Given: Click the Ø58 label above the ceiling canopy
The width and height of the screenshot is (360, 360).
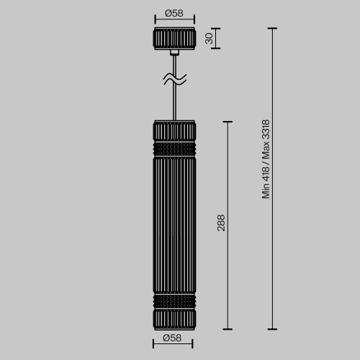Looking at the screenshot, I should click(174, 14).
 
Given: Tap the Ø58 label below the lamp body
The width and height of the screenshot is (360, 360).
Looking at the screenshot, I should click(174, 338).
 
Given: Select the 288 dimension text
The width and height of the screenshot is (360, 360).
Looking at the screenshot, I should click(221, 223).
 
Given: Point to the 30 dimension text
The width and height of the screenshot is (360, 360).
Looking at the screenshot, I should click(210, 38).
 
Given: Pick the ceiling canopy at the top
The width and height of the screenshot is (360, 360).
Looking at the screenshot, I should click(174, 39).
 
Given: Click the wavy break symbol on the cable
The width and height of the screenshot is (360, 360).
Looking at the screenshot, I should click(174, 79).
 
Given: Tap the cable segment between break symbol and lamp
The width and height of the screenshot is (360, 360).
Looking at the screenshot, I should click(174, 101).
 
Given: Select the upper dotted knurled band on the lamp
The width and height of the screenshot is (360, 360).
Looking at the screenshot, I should click(174, 148).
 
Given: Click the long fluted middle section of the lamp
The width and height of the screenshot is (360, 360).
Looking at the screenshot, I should click(174, 223).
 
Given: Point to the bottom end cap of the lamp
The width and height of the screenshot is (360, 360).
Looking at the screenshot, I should click(174, 318).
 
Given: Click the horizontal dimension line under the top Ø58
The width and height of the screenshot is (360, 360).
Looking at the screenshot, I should click(174, 22).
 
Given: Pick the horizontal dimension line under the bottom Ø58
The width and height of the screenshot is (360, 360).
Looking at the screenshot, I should click(174, 346).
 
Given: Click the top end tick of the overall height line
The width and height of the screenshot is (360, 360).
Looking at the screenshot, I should click(272, 29).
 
